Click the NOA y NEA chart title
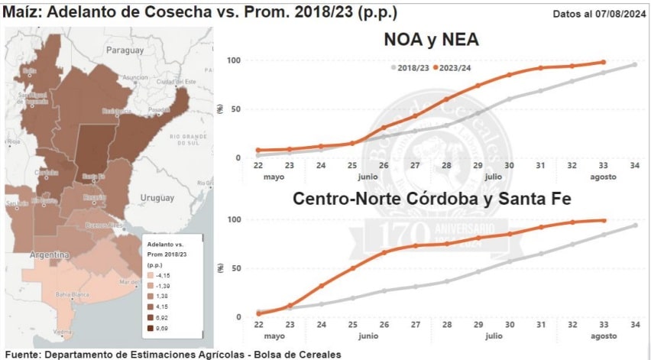pos(432,40)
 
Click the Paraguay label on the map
pos(125,50)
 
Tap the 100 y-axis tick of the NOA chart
pos(234,60)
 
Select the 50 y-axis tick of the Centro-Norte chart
pos(234,268)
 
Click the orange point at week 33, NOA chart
pos(603,63)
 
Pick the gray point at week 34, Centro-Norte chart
pos(635,225)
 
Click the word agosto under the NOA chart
pos(603,177)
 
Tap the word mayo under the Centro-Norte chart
pos(274,336)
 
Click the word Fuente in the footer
pos(22,354)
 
